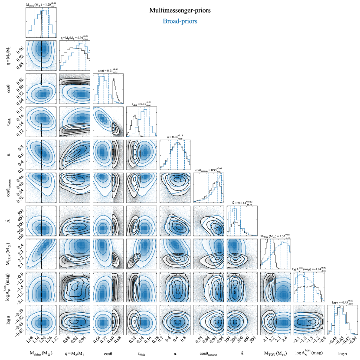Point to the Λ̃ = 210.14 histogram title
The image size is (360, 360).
click(x=242, y=202)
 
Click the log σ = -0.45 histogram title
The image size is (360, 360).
click(x=343, y=302)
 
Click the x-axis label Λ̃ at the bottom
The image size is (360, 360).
click(x=242, y=353)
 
